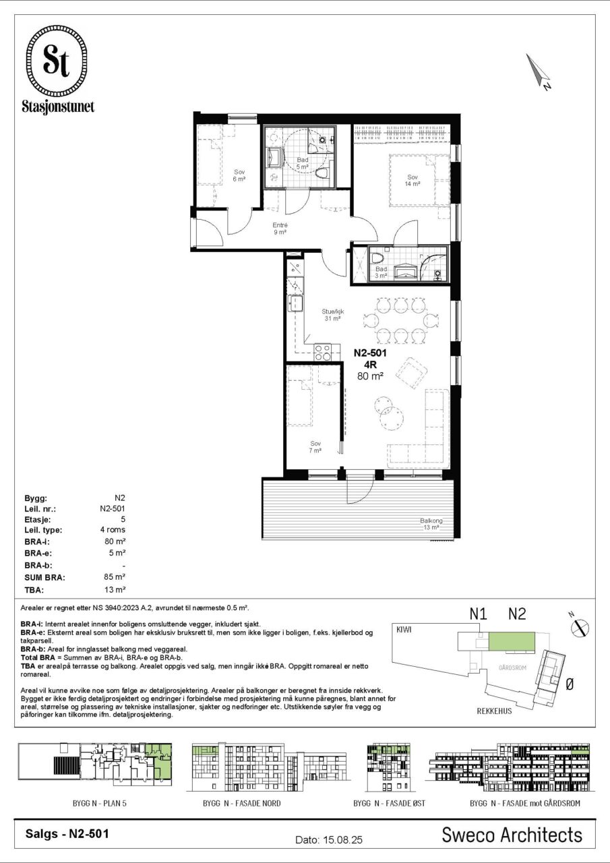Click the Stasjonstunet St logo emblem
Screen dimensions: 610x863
(58, 62)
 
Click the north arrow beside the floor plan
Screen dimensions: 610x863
(538, 71)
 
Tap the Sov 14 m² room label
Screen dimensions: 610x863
(412, 180)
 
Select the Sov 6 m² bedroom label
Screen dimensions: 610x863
(239, 175)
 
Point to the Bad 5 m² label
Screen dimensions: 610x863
(303, 163)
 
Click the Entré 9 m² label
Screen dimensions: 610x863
(280, 229)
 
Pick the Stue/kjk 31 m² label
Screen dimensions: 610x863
(333, 315)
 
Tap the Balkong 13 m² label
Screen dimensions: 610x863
(431, 524)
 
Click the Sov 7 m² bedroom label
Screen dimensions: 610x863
(315, 447)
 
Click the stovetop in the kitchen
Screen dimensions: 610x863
(322, 352)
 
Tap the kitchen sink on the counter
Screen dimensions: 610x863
(296, 303)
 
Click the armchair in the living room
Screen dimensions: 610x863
(411, 374)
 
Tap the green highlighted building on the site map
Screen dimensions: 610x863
(512, 641)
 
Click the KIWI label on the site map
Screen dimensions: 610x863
(404, 630)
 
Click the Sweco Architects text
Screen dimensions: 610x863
(512, 835)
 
